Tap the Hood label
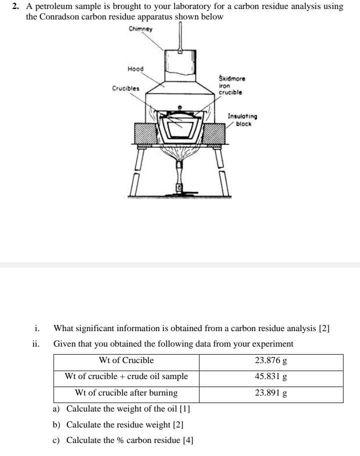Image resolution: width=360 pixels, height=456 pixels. (x=135, y=68)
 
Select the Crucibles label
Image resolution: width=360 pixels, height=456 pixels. (x=126, y=88)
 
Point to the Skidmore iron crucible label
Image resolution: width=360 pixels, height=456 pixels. (x=232, y=85)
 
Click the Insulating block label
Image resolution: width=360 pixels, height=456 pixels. (x=242, y=120)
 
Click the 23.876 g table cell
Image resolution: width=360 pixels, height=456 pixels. (x=270, y=361)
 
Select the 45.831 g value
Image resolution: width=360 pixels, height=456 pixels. (x=270, y=377)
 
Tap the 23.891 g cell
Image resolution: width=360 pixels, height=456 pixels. (x=270, y=393)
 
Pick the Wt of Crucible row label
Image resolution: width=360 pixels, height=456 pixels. (x=126, y=361)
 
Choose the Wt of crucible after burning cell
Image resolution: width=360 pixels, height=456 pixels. (x=126, y=393)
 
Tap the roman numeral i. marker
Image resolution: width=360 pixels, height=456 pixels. (x=36, y=328)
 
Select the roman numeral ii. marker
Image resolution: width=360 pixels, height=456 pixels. (x=35, y=344)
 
